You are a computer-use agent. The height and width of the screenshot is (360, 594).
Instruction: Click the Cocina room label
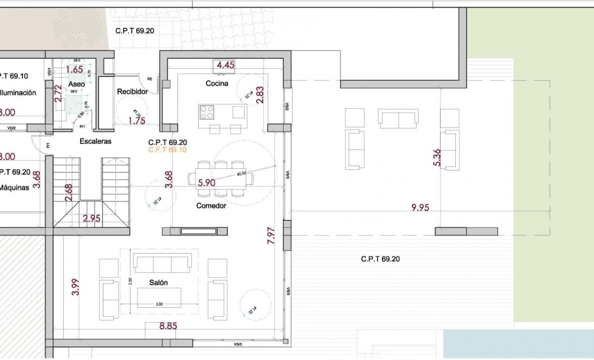tap(217, 83)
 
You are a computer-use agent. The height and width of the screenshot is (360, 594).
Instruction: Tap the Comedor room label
tap(211, 206)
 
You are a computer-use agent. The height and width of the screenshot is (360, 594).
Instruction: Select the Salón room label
tap(158, 283)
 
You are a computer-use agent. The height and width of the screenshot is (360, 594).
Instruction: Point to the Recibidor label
tap(132, 91)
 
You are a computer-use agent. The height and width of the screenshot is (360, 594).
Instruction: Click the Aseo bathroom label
tap(76, 84)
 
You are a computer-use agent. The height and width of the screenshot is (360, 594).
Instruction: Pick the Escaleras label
tap(95, 141)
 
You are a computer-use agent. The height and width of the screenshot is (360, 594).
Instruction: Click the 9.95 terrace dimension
tap(420, 207)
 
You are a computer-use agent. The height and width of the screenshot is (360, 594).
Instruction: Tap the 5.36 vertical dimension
tap(436, 158)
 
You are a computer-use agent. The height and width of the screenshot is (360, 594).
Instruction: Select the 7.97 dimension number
tap(271, 236)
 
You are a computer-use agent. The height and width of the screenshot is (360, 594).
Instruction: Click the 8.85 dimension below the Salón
tap(168, 326)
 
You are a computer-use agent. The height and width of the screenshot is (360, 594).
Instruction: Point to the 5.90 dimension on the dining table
tap(207, 182)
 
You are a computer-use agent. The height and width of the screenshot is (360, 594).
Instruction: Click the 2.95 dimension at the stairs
tap(91, 219)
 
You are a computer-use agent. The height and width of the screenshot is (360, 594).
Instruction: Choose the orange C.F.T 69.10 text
tap(167, 150)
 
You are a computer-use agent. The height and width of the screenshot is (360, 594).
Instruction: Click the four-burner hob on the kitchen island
tap(207, 112)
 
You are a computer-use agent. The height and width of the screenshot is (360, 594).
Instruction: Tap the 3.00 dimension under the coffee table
tap(159, 304)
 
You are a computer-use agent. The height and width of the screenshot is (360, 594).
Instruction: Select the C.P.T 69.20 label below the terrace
tap(380, 259)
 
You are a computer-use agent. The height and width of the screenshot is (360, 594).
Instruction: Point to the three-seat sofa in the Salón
tap(162, 263)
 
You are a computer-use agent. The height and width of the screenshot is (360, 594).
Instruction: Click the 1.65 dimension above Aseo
tap(74, 69)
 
